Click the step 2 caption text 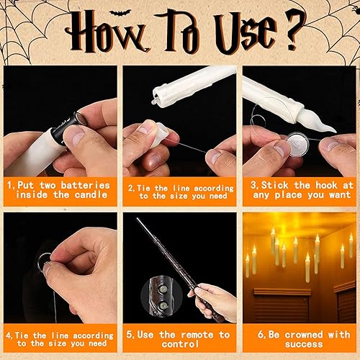click(x=179, y=190)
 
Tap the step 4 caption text click(x=60, y=340)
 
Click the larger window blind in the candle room click(x=283, y=306)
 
